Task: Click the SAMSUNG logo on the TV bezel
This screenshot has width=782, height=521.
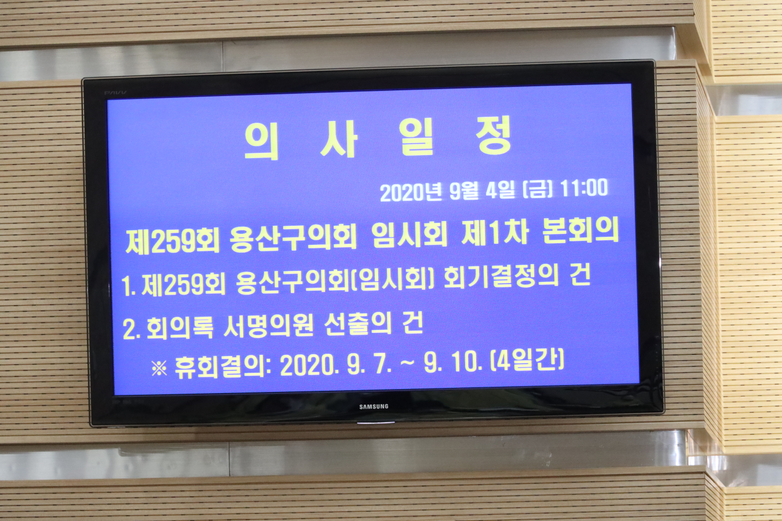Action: pos(374,406)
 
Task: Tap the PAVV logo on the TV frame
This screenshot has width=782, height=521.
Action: pos(115,93)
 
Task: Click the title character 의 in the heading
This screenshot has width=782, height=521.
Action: pos(261,142)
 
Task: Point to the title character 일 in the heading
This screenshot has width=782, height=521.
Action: pos(416,137)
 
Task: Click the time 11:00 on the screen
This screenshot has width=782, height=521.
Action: pos(584,188)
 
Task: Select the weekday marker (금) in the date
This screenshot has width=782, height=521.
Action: pos(538,189)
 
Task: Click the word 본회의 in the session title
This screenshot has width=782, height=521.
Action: pos(581,230)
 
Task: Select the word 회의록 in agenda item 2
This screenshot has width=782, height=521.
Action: pos(180,328)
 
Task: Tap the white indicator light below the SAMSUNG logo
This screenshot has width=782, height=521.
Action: pos(375,423)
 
